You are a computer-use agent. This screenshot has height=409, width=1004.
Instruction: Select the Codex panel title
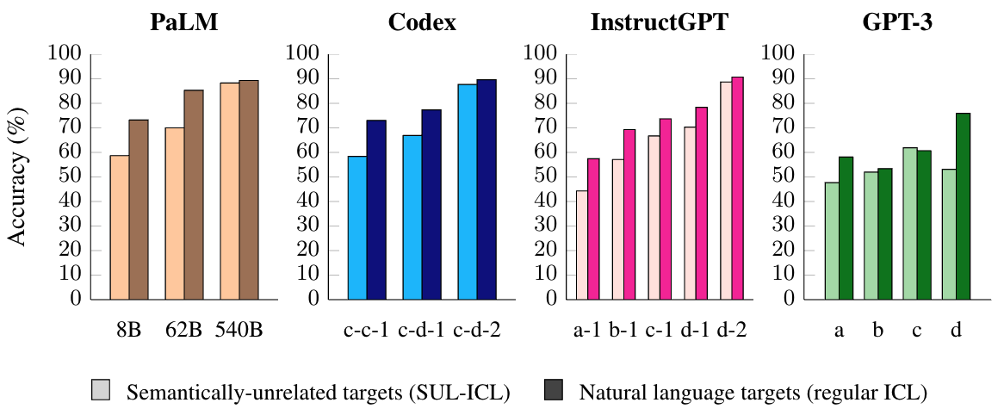[424, 23]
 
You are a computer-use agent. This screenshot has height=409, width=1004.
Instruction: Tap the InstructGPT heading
[659, 23]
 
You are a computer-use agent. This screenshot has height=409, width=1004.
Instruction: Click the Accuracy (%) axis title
[19, 177]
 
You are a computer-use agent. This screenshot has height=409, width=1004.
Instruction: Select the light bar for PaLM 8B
[120, 227]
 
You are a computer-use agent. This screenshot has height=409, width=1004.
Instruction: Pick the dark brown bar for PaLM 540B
[249, 189]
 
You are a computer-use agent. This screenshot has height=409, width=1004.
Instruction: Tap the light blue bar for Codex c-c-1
[356, 227]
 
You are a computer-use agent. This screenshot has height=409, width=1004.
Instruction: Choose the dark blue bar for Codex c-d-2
[487, 189]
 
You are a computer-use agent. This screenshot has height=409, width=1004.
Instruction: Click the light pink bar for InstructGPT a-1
[582, 245]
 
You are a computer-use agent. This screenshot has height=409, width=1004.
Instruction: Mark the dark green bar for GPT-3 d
[963, 207]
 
